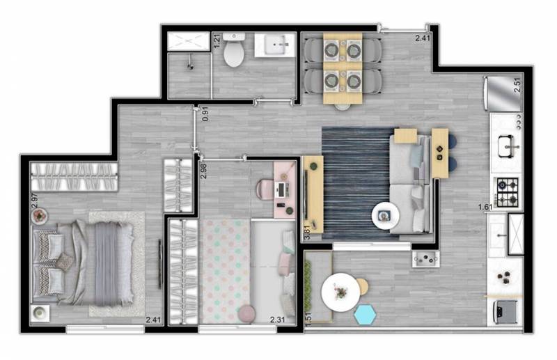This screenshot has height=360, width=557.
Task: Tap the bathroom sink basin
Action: click(x=280, y=45)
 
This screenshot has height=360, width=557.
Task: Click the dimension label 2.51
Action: click(x=517, y=85)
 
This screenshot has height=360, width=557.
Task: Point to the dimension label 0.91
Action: click(x=205, y=114)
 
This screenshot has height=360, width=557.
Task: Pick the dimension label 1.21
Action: click(x=217, y=41)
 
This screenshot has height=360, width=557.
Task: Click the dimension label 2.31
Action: click(x=277, y=320)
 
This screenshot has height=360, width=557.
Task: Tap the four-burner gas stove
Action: click(x=508, y=193)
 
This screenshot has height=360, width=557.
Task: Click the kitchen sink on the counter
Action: click(x=507, y=146)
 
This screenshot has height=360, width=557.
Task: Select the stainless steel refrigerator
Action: click(x=502, y=94)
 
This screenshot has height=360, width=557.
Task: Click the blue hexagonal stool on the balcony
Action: click(x=365, y=315)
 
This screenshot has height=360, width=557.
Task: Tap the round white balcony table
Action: click(x=340, y=292)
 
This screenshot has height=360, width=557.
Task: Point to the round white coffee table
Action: click(x=385, y=216)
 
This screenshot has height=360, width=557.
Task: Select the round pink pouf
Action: click(x=247, y=314)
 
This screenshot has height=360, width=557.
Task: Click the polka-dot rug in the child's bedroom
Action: click(x=225, y=271)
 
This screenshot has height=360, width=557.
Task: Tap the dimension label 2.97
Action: click(x=34, y=200)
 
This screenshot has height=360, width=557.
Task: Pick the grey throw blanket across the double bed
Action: click(x=107, y=263)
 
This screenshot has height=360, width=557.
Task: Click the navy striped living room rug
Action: click(x=356, y=183)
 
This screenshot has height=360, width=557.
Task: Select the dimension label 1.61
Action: click(x=486, y=208)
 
